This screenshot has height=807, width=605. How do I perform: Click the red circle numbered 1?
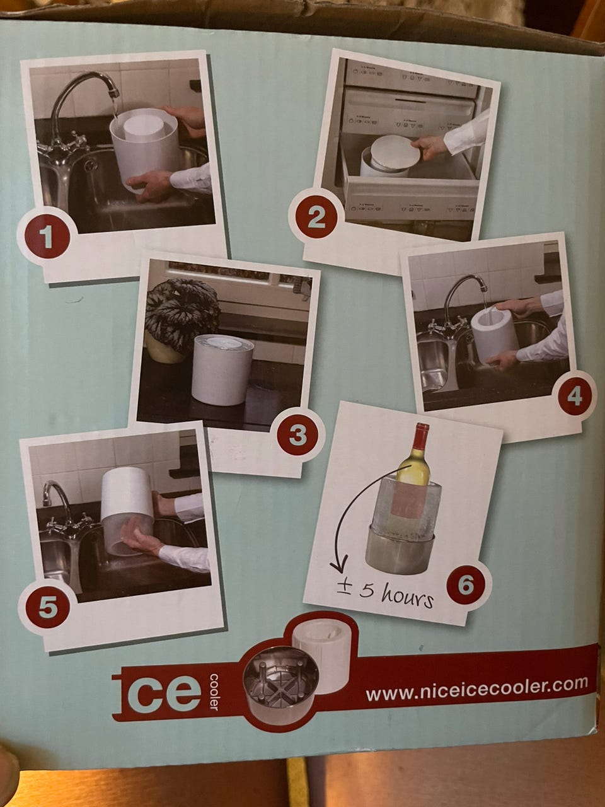coord(47,237)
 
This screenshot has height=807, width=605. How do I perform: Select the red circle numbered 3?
coord(297,436)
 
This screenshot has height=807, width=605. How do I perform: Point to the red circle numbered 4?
coord(574,397)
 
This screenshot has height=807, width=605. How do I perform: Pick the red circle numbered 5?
coord(48,608)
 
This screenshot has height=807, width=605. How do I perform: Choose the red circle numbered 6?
coord(466,584)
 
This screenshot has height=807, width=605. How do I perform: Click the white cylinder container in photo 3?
coord(222,369)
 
